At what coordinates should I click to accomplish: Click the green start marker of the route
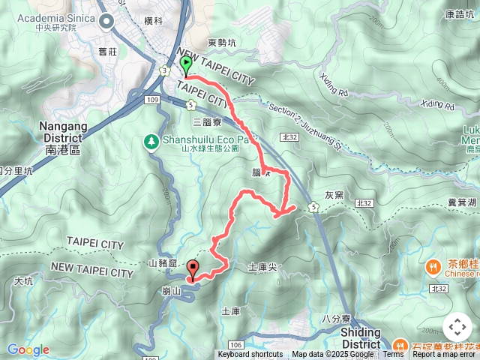click(x=185, y=66)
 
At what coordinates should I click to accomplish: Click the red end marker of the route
click(x=193, y=268)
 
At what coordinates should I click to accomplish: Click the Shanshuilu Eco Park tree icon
click(x=151, y=140)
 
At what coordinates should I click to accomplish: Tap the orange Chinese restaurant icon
click(x=433, y=266)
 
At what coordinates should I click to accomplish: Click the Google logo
click(x=28, y=349)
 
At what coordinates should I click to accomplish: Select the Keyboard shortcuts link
click(x=250, y=355)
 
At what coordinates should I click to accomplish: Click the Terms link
click(x=393, y=355)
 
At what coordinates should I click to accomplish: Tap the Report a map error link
click(x=445, y=355)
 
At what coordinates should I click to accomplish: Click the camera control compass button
click(x=457, y=327)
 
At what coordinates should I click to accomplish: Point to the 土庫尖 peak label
click(x=262, y=266)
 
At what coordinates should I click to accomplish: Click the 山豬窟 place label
click(x=163, y=262)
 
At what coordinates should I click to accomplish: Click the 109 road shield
click(x=154, y=99)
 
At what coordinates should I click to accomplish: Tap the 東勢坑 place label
click(x=221, y=43)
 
